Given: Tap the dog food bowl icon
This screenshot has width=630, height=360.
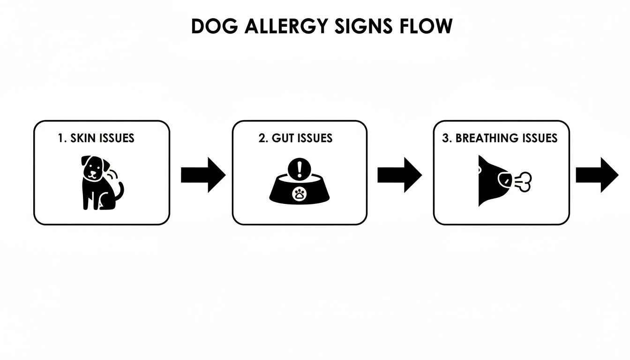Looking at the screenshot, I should (x=298, y=190).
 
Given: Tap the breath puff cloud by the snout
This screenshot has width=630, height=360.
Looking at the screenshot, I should (x=524, y=181).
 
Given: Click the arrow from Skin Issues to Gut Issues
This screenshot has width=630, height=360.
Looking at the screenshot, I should (x=203, y=175).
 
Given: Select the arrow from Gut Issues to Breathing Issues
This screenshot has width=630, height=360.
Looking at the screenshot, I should (x=399, y=175).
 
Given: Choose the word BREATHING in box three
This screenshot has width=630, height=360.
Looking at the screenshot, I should (x=487, y=138).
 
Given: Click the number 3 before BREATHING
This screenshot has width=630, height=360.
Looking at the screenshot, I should (x=446, y=138).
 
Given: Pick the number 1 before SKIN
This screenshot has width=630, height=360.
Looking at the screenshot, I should (x=61, y=138).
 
